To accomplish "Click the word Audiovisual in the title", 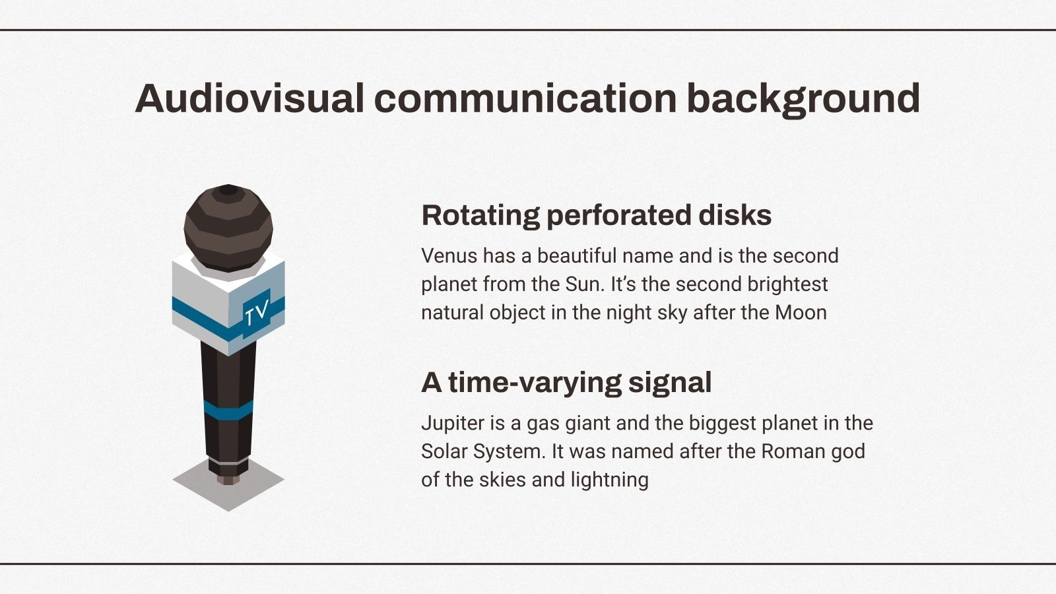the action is [250, 98].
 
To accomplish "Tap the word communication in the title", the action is [525, 98].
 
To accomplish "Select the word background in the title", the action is [803, 100].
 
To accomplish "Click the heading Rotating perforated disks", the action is [597, 216].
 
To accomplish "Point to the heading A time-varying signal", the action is [566, 383].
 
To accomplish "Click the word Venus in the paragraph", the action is [449, 256].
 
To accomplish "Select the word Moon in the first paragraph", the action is [801, 313].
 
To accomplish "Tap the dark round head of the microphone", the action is [228, 228].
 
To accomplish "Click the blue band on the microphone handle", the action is [228, 411].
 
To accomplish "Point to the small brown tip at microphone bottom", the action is [228, 480].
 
